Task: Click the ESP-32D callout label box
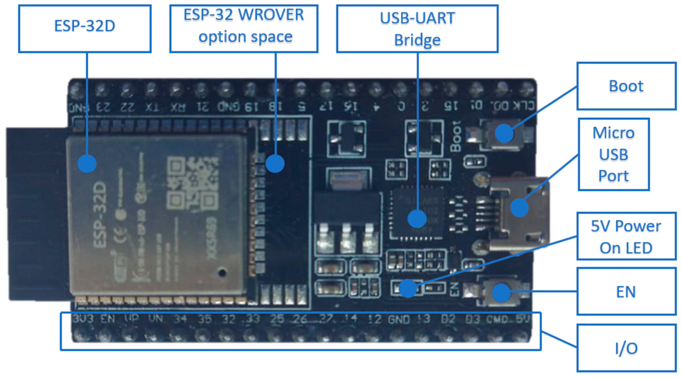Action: pos(85,29)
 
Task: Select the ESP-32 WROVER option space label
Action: pos(244,29)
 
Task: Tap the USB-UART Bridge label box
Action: pos(417,29)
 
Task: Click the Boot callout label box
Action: pos(626,86)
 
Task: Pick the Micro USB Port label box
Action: pos(614,154)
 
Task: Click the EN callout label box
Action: pos(626,292)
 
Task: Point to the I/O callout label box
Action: pos(626,348)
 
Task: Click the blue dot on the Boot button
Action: pos(504,133)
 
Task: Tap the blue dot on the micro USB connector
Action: pos(519,208)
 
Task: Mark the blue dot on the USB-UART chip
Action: pos(417,219)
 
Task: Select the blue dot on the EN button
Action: pos(501,293)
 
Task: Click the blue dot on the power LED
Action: pos(408,288)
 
